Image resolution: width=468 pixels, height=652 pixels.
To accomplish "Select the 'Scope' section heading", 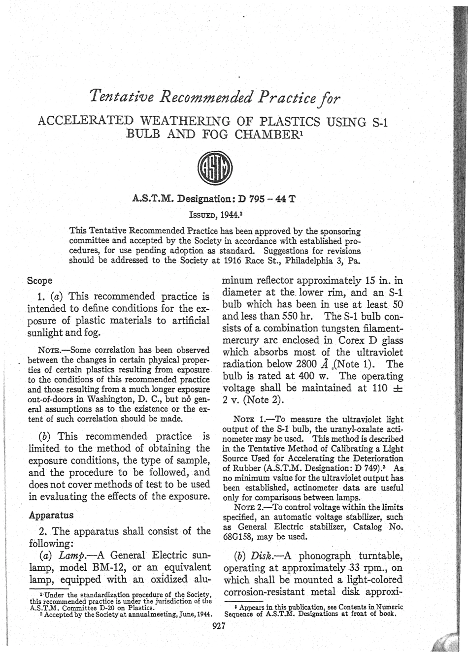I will pos(40,280).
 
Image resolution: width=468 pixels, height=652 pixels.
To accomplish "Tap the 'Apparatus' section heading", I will pos(51,515).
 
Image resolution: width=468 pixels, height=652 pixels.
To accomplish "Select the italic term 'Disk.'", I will pos(266,556).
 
